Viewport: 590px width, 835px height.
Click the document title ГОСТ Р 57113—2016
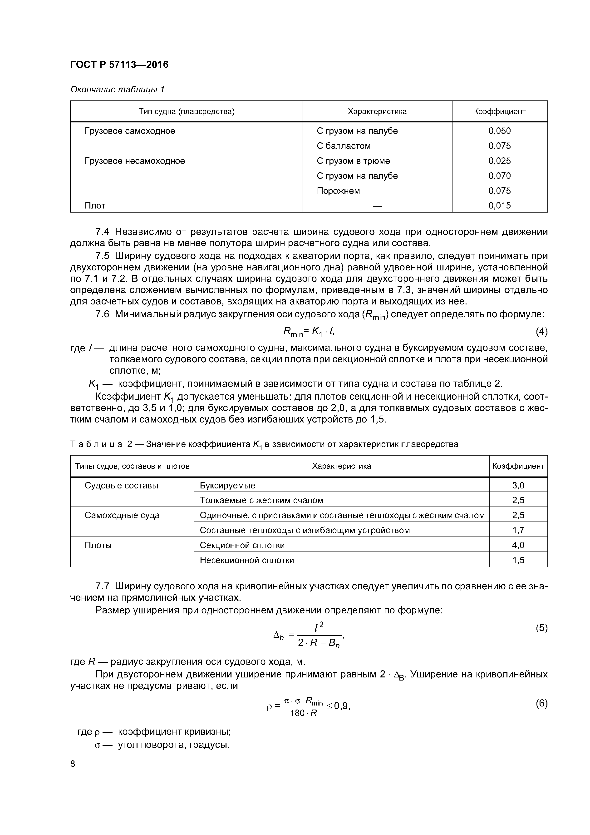point(119,65)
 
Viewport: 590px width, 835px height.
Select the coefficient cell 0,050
point(500,131)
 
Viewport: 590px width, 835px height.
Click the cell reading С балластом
point(344,146)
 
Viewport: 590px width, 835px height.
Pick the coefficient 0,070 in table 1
point(500,176)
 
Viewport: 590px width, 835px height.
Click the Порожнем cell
point(338,191)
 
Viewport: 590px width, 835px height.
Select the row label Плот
point(95,206)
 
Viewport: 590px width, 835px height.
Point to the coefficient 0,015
point(500,206)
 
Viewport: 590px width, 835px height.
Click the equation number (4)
point(541,331)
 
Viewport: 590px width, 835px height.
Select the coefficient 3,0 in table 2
point(518,486)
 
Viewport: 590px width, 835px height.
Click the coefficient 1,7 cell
point(518,530)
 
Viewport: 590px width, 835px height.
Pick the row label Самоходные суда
point(122,515)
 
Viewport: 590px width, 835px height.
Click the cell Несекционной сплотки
point(247,560)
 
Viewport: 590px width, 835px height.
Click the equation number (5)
point(541,628)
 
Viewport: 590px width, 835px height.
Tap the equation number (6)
point(541,704)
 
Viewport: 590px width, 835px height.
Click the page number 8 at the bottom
point(73,764)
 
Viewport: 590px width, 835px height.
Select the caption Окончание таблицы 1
point(117,89)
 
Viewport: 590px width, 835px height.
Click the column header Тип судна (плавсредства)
point(187,112)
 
